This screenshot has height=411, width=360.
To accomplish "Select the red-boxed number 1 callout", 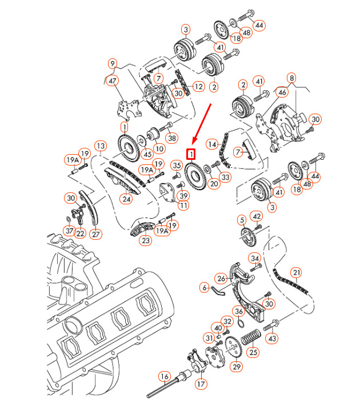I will click(x=191, y=154).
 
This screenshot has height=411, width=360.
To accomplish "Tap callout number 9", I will click(x=113, y=63).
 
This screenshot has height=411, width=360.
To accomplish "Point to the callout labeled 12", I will click(x=198, y=86).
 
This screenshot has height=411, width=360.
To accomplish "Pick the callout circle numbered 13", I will click(x=100, y=146).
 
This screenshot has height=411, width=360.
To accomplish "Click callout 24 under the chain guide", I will click(x=126, y=199).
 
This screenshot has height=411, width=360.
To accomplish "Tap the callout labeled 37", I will click(x=69, y=231).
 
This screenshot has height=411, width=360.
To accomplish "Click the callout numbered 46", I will click(x=282, y=91).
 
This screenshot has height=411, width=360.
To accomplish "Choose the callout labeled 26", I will click(x=221, y=278).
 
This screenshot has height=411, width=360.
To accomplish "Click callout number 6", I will click(x=205, y=288).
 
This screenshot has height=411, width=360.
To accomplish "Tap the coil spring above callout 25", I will click(x=250, y=337).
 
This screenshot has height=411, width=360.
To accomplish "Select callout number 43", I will click(x=272, y=339).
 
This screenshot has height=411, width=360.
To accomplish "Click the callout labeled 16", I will click(x=165, y=376).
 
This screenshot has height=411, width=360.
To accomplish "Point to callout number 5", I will click(x=242, y=220).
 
